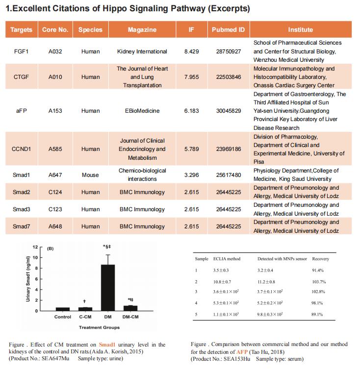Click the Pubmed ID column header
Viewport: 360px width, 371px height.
(228, 29)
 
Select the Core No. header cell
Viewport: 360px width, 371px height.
(55, 29)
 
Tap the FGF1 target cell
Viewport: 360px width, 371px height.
(21, 51)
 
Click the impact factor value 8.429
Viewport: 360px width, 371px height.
(191, 51)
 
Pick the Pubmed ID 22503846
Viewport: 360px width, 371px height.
(229, 77)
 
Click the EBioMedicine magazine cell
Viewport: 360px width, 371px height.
(142, 111)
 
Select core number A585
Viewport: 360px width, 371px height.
(55, 149)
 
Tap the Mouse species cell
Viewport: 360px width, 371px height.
(90, 175)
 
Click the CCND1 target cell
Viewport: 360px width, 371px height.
(21, 149)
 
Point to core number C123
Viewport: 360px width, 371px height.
(55, 209)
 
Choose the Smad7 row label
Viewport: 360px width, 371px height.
(21, 226)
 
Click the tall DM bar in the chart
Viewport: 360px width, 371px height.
(108, 288)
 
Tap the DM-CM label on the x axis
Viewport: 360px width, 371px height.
(130, 317)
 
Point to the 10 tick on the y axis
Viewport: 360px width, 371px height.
(35, 257)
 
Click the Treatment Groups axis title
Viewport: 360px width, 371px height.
(99, 327)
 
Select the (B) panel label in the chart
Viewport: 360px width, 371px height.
(50, 248)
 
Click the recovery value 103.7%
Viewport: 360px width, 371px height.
(319, 282)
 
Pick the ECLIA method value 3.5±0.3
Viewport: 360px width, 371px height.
(221, 270)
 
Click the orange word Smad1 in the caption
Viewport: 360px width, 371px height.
(107, 345)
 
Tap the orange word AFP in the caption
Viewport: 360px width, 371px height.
(242, 352)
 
